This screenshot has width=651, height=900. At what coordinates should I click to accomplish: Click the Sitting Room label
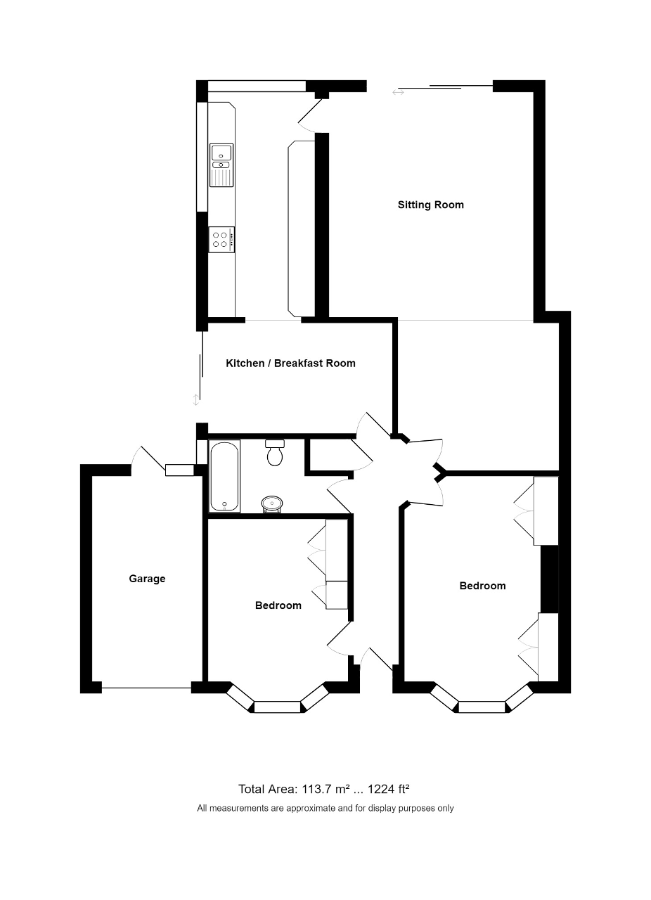pos(430,205)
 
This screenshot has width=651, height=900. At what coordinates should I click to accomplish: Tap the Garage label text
pos(147,579)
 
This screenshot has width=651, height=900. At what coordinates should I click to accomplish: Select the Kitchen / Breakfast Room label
pos(290,364)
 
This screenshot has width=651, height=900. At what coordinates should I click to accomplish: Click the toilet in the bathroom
pos(275,453)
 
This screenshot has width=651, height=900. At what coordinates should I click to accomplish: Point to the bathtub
pos(224,477)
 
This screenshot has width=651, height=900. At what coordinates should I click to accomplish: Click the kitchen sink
pos(221,165)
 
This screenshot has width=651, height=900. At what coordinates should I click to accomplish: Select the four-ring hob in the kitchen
pos(221,240)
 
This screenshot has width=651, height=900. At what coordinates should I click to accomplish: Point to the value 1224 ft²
pos(389,790)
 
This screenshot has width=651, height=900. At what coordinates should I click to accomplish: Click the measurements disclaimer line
pos(325,809)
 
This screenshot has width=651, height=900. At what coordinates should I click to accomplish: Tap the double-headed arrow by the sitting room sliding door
pos(398,92)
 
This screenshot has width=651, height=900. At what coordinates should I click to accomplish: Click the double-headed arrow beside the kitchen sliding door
pos(195,400)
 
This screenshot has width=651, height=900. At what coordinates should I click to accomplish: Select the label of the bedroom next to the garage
pos(278,605)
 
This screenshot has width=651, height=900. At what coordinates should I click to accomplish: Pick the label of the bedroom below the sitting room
pos(482,586)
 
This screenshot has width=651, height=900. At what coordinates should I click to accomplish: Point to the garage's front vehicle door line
pos(146,688)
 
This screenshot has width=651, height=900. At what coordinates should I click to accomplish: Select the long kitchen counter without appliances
pos(302,229)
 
